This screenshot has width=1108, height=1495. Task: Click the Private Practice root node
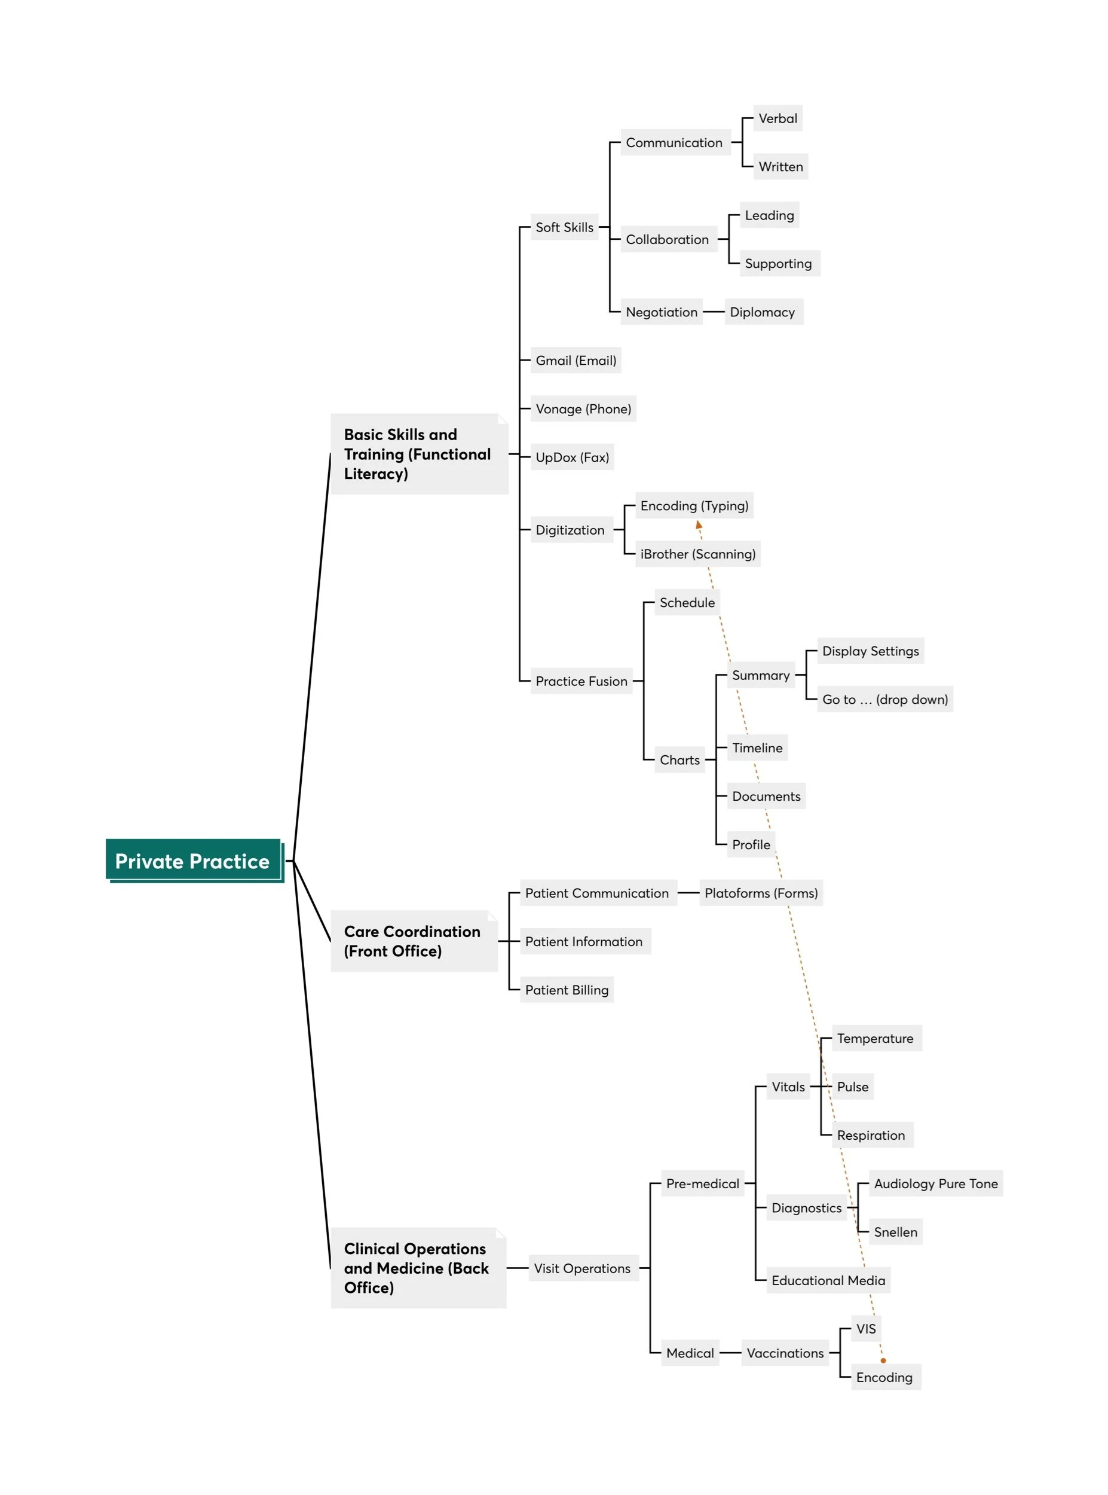[192, 861]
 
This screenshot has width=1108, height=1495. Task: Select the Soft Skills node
[564, 227]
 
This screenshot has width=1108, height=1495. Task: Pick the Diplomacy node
[763, 312]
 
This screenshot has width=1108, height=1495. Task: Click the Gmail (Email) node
[576, 361]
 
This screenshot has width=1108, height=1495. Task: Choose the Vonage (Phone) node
[583, 408]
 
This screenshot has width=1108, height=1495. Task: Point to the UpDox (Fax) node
[572, 457]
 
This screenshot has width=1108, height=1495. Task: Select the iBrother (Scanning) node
[697, 554]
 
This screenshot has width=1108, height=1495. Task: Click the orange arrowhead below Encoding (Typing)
[698, 524]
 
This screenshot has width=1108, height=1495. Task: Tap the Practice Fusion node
[581, 681]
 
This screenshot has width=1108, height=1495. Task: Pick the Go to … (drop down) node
[884, 699]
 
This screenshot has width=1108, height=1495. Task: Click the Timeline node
[757, 747]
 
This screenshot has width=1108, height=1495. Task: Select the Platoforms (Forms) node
[761, 893]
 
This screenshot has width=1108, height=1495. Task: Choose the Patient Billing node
[567, 990]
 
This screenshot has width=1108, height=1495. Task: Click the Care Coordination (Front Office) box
[413, 941]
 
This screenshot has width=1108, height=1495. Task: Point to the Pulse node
[852, 1087]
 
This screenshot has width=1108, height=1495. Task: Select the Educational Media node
[828, 1280]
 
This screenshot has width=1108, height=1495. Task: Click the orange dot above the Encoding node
[883, 1360]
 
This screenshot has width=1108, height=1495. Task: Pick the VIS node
[865, 1329]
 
